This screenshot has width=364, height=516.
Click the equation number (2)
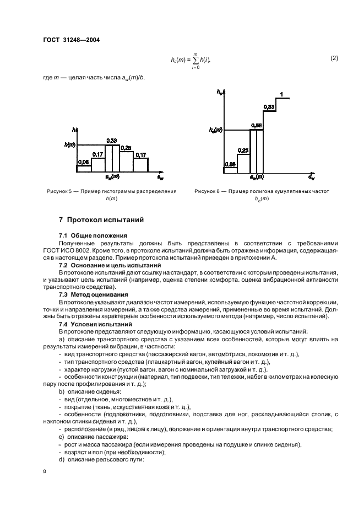click(x=334, y=58)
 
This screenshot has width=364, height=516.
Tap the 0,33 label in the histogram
click(x=112, y=141)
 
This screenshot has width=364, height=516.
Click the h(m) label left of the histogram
click(x=69, y=145)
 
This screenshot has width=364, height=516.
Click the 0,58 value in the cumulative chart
click(x=256, y=126)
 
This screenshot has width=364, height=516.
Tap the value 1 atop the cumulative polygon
click(x=281, y=95)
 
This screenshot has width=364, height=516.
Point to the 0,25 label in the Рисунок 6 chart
click(x=243, y=150)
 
